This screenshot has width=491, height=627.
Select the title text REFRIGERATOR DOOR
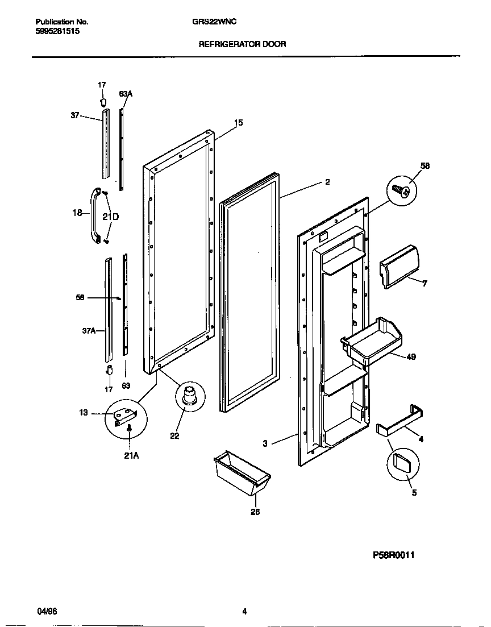(242, 44)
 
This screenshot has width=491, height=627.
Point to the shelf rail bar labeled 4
(399, 422)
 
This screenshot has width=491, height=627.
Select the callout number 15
(238, 122)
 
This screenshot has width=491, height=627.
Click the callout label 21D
(111, 217)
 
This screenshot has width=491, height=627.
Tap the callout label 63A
(126, 93)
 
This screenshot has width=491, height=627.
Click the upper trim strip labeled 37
(105, 145)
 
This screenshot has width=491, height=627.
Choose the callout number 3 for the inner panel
(265, 443)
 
